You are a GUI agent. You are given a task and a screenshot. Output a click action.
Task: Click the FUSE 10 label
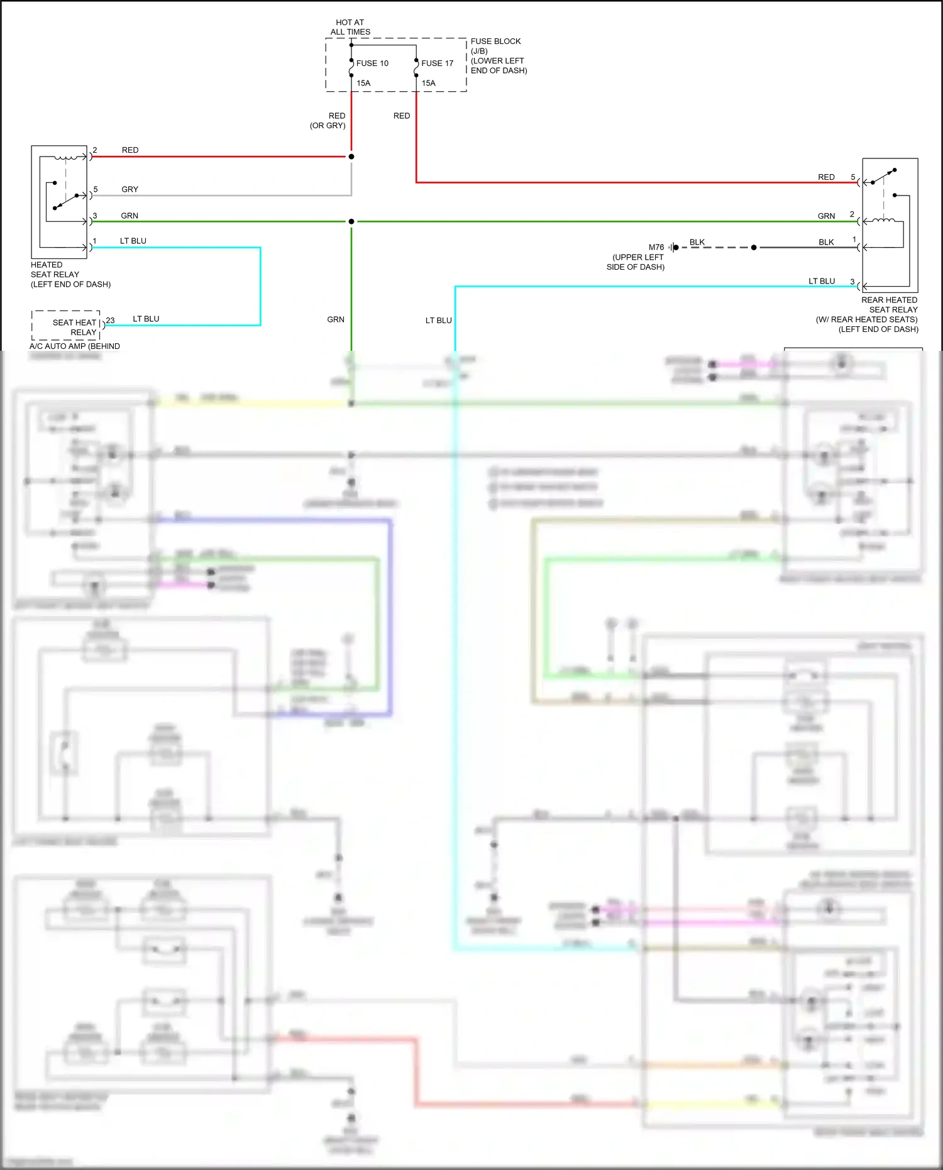[x=372, y=63]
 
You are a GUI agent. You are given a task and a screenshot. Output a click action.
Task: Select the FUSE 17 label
[x=437, y=63]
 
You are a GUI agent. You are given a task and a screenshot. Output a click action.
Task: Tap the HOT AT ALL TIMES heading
[x=350, y=27]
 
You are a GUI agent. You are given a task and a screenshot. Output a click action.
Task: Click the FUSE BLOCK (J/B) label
[x=495, y=46]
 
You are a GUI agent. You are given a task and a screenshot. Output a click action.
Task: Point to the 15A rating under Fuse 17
[x=428, y=83]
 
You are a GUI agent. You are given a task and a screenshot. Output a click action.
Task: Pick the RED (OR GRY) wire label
[x=328, y=121]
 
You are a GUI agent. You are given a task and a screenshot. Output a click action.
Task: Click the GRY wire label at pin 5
[x=130, y=189]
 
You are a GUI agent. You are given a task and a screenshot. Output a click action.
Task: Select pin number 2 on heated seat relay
[x=95, y=150]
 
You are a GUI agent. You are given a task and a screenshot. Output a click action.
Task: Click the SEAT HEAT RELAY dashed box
[x=66, y=325]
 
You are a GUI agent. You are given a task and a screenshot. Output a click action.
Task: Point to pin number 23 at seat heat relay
[x=110, y=321]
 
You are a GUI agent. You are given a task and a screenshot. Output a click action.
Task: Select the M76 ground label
[x=656, y=248]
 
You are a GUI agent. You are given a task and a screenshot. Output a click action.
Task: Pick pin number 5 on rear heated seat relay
[x=852, y=177]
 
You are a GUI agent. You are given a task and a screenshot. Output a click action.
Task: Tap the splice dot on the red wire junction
[x=351, y=157]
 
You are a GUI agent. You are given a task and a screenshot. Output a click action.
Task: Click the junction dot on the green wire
[x=351, y=221]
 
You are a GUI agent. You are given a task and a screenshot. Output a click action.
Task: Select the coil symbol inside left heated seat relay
[x=70, y=157]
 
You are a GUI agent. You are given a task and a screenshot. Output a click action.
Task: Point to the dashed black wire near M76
[x=717, y=248]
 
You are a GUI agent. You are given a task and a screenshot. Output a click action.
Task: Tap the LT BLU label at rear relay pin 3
[x=821, y=281]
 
